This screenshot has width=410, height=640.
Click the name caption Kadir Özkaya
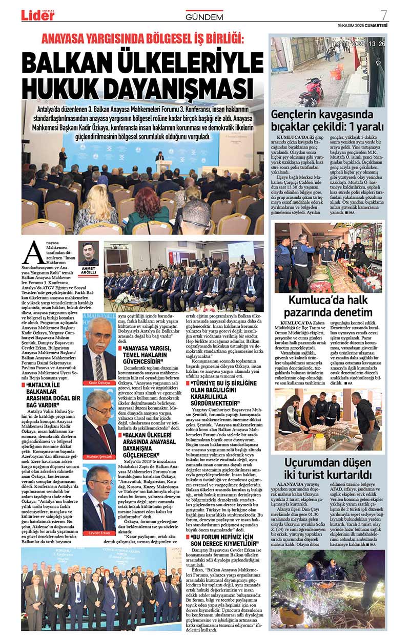[x=99, y=383]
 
